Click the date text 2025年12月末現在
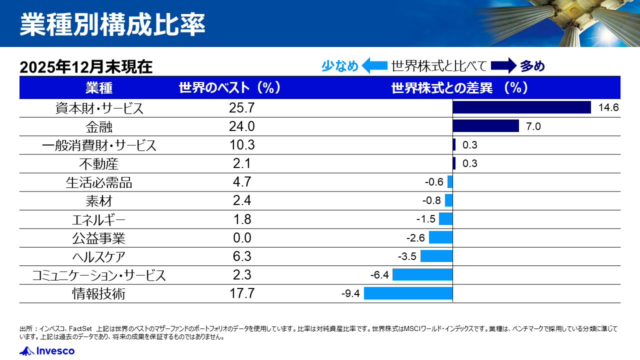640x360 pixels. (86, 67)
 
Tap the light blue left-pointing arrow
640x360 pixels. (374, 65)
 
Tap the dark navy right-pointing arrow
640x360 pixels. (502, 65)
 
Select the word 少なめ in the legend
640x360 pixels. (339, 66)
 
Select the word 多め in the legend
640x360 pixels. (532, 66)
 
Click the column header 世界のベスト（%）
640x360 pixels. (229, 88)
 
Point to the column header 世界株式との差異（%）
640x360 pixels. (459, 88)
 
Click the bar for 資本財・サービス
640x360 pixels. (521, 107)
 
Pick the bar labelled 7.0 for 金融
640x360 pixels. (485, 126)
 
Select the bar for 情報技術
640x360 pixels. (408, 293)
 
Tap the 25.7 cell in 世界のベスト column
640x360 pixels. (242, 107)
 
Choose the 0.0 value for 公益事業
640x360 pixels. (242, 238)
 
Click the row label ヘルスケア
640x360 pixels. (98, 257)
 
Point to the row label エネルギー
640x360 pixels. (98, 220)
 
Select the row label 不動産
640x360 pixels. (98, 164)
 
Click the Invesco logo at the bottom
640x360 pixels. (47, 351)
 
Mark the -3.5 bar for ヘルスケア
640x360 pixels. (436, 256)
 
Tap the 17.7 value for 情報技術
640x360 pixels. (242, 293)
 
